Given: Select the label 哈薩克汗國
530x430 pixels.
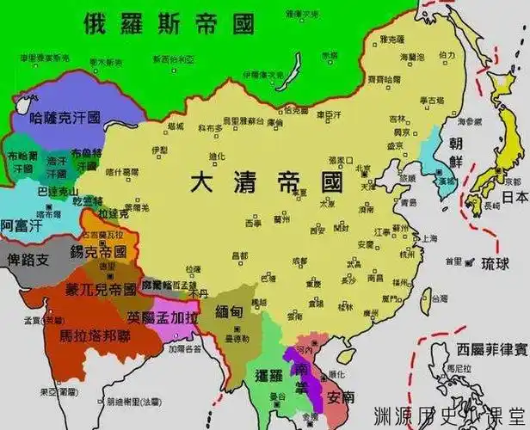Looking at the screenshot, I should click(x=65, y=115).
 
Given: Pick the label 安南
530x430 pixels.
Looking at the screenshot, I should click(x=340, y=396).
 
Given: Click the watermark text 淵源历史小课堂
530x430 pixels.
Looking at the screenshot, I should click(x=447, y=413).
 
